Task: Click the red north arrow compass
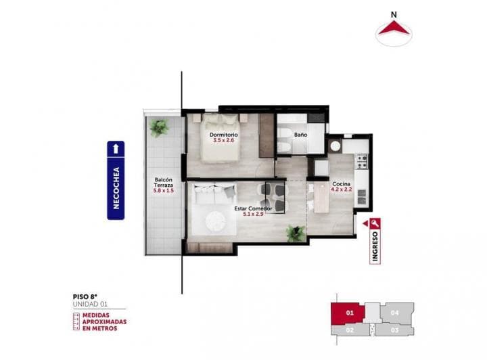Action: pos(395,28)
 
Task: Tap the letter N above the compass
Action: pos(395,12)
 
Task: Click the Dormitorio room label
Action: pos(223,135)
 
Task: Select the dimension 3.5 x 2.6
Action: pos(223,141)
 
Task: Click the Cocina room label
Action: pos(340,184)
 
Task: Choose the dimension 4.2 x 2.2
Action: pos(340,190)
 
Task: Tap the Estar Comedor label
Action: pos(253,208)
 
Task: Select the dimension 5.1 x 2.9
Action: pos(253,215)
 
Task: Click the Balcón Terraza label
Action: pos(164,183)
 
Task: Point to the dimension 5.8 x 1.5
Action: pos(164,192)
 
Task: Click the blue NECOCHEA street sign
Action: pos(116,181)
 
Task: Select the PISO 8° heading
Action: pos(84,296)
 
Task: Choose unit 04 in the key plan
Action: pos(396,313)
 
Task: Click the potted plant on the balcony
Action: pos(159,127)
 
